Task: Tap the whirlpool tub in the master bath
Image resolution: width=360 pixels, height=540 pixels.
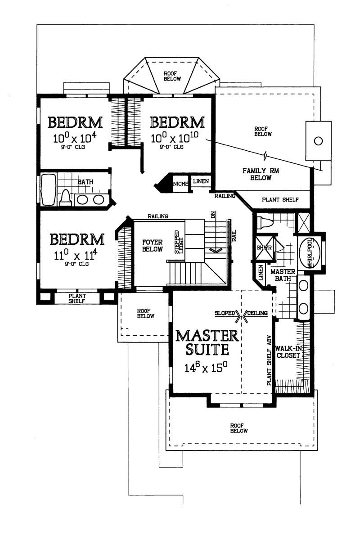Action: tap(310, 253)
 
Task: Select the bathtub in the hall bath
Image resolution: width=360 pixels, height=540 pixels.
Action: tap(48, 190)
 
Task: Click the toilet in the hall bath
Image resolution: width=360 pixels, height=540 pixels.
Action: tap(66, 197)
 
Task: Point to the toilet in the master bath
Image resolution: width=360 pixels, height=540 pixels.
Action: tap(264, 222)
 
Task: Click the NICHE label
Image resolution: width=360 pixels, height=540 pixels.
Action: tap(180, 183)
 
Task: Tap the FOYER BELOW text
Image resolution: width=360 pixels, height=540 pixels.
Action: tap(152, 245)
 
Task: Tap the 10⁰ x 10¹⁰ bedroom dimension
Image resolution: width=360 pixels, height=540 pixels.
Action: tap(175, 138)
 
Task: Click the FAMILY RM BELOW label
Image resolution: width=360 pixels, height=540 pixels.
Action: tap(257, 174)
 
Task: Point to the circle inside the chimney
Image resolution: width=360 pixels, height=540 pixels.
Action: tap(318, 141)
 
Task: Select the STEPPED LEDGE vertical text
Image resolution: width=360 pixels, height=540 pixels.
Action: tap(179, 244)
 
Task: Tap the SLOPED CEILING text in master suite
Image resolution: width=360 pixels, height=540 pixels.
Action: tap(241, 313)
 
